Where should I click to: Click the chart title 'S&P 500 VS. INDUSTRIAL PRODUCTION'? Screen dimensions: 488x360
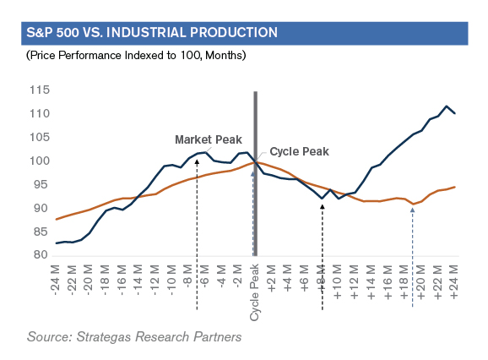pyautogui.click(x=152, y=33)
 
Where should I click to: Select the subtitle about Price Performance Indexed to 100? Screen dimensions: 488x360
pyautogui.click(x=136, y=56)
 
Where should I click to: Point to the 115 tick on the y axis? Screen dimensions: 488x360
pyautogui.click(x=40, y=90)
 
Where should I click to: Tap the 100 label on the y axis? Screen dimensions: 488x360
pyautogui.click(x=40, y=161)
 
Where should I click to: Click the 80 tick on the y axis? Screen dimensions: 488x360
pyautogui.click(x=41, y=255)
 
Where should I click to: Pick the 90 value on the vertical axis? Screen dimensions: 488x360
pyautogui.click(x=41, y=209)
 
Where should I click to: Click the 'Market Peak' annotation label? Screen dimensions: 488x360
pyautogui.click(x=209, y=139)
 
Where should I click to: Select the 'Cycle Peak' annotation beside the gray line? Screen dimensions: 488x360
pyautogui.click(x=299, y=151)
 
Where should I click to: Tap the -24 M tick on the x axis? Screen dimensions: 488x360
pyautogui.click(x=56, y=281)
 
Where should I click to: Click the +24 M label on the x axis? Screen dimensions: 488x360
pyautogui.click(x=454, y=282)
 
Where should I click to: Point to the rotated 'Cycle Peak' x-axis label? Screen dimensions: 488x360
pyautogui.click(x=255, y=292)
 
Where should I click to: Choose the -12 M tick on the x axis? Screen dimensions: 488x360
pyautogui.click(x=155, y=281)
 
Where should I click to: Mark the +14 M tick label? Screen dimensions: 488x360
pyautogui.click(x=371, y=282)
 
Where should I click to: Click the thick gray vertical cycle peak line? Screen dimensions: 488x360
pyautogui.click(x=256, y=174)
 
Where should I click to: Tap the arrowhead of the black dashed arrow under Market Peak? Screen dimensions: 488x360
pyautogui.click(x=197, y=161)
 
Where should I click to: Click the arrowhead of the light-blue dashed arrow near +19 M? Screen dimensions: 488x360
pyautogui.click(x=413, y=210)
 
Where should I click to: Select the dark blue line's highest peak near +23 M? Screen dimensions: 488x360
pyautogui.click(x=447, y=106)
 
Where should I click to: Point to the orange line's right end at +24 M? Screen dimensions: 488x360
pyautogui.click(x=455, y=187)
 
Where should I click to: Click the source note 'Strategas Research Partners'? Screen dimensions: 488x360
pyautogui.click(x=159, y=337)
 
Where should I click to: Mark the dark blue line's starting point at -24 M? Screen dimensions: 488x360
pyautogui.click(x=56, y=243)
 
